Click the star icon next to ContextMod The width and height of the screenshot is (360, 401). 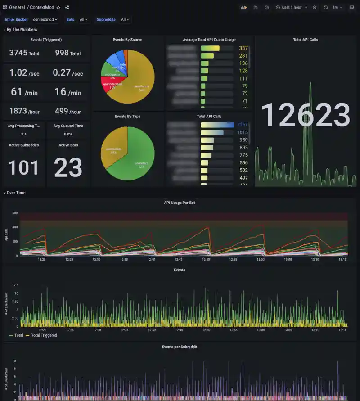coord(58,8)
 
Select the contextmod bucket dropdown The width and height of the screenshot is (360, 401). coord(45,20)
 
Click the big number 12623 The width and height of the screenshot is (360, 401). coord(306,115)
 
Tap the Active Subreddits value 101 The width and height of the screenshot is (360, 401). coord(23,168)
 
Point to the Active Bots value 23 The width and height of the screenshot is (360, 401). coord(68,168)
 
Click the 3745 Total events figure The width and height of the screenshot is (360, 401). coord(24,53)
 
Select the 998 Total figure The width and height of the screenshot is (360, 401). coord(68,53)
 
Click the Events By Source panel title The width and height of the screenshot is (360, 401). coord(127,40)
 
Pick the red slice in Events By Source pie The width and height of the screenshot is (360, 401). coord(110,84)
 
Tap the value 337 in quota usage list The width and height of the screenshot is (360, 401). coord(243,48)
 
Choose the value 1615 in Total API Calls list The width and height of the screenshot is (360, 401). coord(243,132)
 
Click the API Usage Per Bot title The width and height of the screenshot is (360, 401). coord(180,203)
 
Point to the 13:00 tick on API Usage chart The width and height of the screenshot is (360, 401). coord(261,259)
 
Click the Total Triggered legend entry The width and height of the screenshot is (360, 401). coord(44,335)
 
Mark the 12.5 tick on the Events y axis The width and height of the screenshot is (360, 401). coord(15,285)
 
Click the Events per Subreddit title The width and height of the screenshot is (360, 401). coord(180,347)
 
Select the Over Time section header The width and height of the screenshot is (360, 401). coord(16,193)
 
